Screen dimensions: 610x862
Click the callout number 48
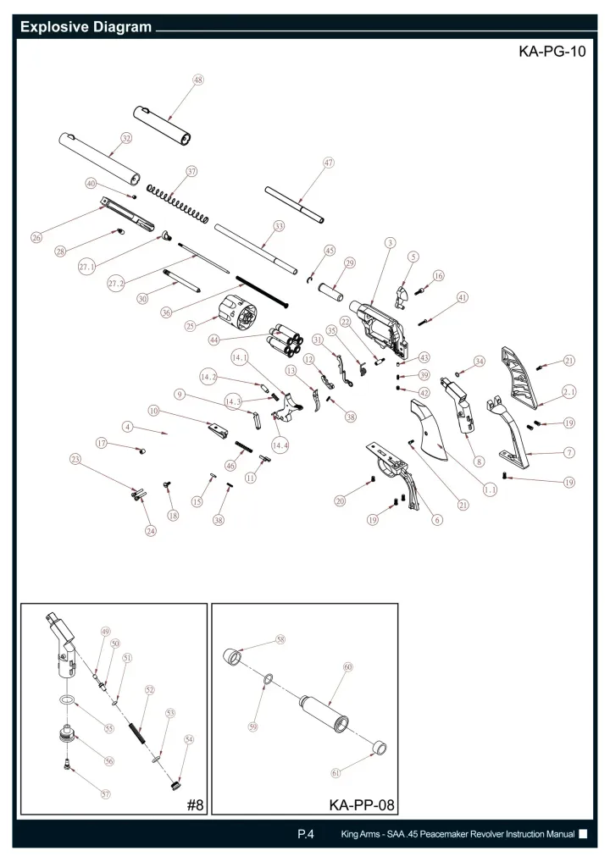(198, 80)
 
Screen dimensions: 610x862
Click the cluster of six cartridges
(285, 340)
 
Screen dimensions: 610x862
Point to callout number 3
(390, 242)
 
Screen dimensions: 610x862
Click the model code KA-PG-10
(552, 52)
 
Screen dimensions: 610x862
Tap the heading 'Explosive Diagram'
(86, 27)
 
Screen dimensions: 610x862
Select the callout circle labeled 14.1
(240, 358)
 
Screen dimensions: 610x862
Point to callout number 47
(329, 163)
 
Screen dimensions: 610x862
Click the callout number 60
(348, 667)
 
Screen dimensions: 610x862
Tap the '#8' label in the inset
(195, 805)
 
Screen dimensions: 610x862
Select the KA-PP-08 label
(362, 805)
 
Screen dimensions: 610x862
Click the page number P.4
(305, 834)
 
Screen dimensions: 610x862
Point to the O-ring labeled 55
(67, 699)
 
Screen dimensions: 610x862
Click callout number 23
(75, 459)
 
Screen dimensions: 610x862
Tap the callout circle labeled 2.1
(568, 392)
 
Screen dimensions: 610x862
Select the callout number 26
(36, 237)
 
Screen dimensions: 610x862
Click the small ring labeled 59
(269, 680)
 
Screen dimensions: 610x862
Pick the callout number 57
(106, 793)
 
